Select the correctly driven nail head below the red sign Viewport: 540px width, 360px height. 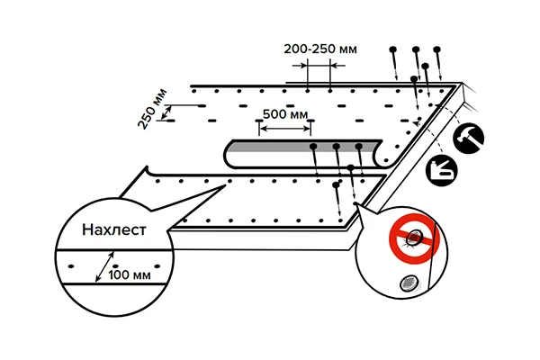point(408,283)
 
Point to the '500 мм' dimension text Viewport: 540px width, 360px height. point(284,115)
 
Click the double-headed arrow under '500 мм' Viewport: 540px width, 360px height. point(284,128)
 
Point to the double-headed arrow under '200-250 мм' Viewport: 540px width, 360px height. point(319,64)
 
